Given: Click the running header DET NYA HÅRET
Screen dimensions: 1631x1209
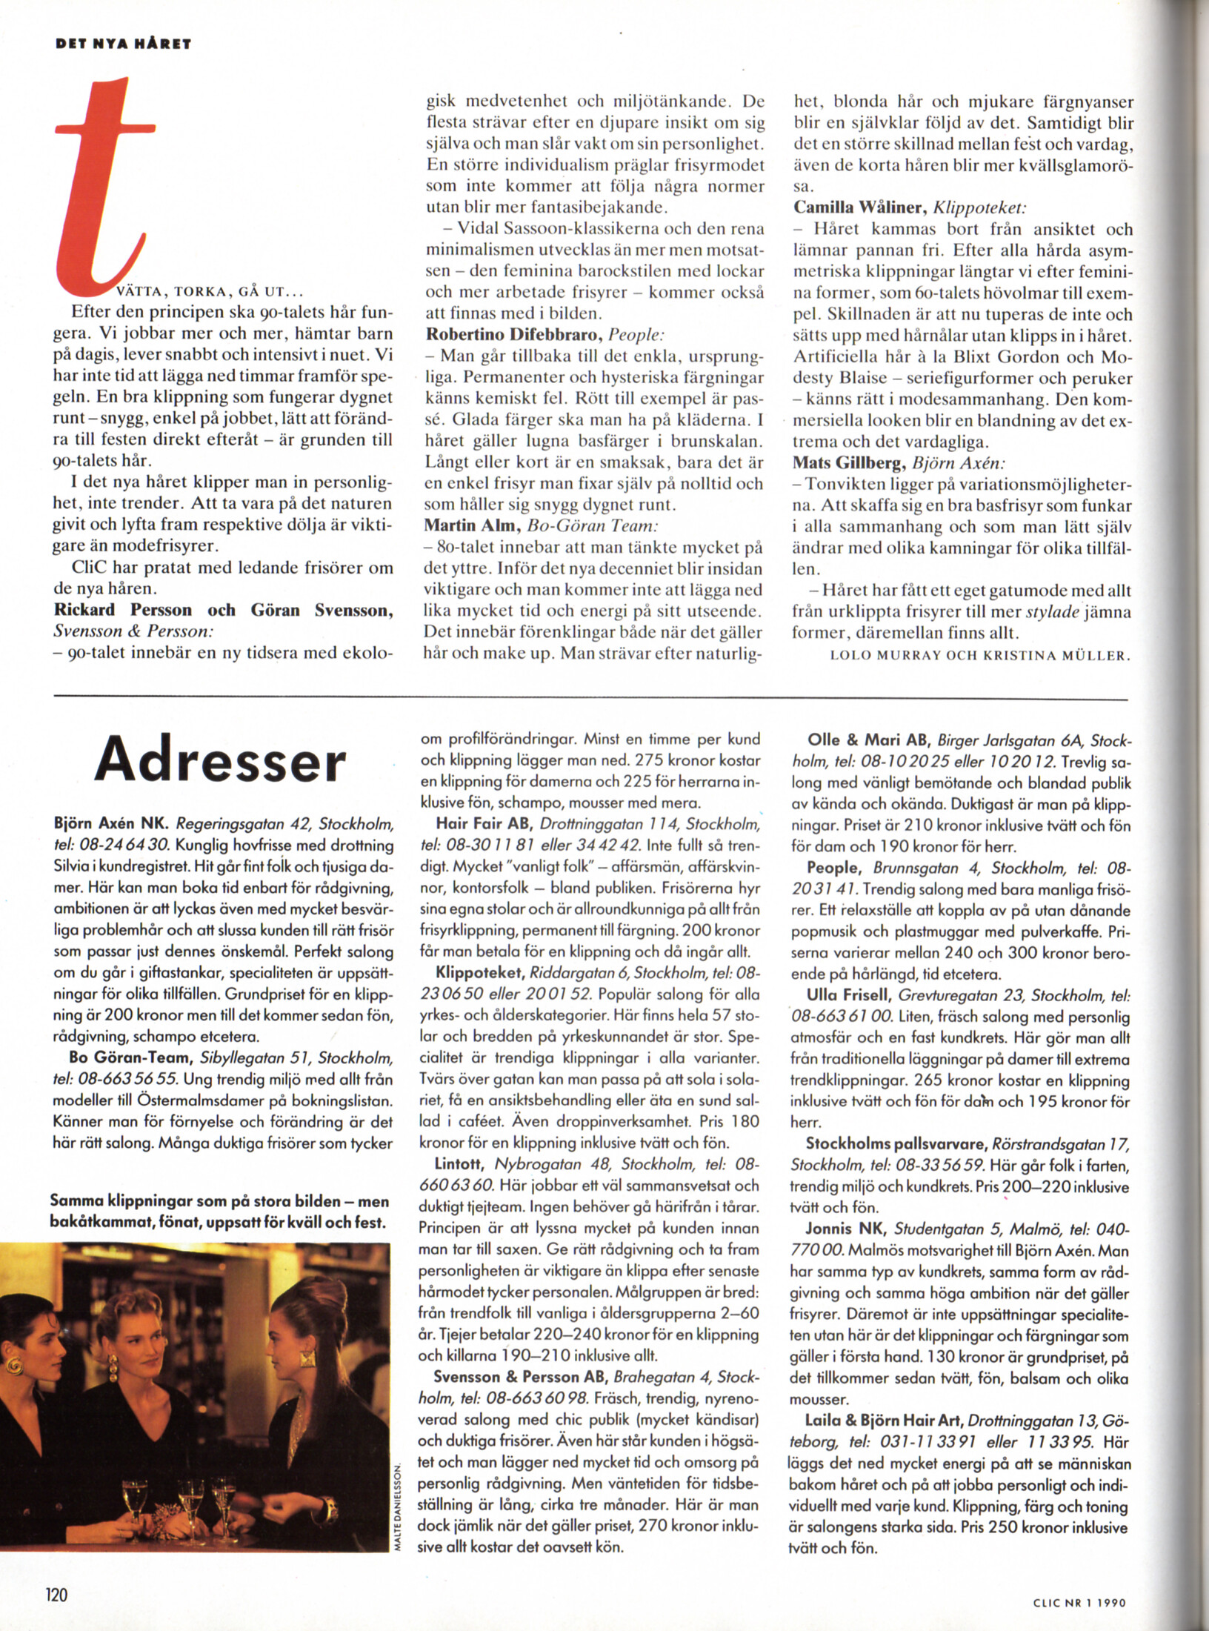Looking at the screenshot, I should coord(124,44).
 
